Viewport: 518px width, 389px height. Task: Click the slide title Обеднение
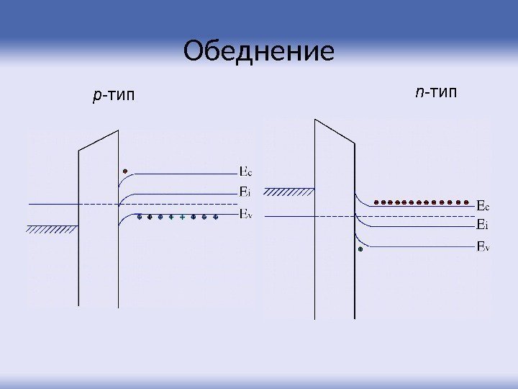259,52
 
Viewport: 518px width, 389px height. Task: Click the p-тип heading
114,94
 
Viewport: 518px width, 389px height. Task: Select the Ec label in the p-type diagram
245,172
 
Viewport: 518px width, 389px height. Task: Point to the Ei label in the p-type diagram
245,192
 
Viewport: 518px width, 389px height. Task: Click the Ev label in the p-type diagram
245,213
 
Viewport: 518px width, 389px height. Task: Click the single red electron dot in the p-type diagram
124,171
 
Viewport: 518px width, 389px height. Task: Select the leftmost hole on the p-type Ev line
139,216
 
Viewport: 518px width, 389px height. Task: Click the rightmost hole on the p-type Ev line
215,216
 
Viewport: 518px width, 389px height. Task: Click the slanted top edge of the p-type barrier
99,140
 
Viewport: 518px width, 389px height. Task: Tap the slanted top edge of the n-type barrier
335,132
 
